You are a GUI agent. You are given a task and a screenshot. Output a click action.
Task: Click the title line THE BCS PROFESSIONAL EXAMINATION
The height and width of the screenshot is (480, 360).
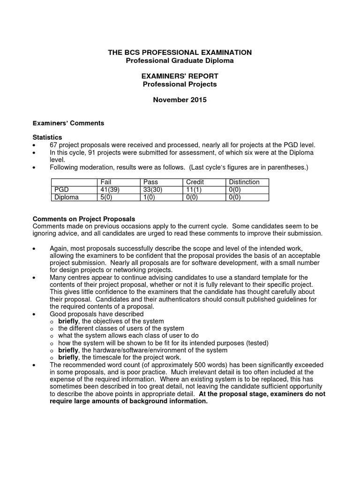click(180, 52)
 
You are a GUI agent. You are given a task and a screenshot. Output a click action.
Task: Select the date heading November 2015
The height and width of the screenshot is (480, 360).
click(180, 100)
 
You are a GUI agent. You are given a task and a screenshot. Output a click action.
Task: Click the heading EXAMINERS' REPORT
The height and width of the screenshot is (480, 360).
click(180, 76)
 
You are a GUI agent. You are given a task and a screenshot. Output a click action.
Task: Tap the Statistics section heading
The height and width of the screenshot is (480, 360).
click(47, 138)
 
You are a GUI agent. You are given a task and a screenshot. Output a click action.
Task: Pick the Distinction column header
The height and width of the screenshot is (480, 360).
click(243, 182)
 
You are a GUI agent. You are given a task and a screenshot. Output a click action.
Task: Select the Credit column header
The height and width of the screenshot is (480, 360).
click(195, 182)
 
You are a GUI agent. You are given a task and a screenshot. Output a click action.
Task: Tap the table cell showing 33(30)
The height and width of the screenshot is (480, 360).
click(152, 190)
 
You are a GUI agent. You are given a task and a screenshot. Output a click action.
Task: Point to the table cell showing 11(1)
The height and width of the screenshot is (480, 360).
click(194, 190)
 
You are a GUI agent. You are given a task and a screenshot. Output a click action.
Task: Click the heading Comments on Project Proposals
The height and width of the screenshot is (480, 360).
click(83, 219)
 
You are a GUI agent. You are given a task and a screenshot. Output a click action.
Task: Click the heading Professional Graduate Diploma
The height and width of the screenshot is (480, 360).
click(180, 60)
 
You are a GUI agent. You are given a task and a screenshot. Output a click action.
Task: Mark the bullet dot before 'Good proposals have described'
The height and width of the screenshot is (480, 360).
click(34, 314)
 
